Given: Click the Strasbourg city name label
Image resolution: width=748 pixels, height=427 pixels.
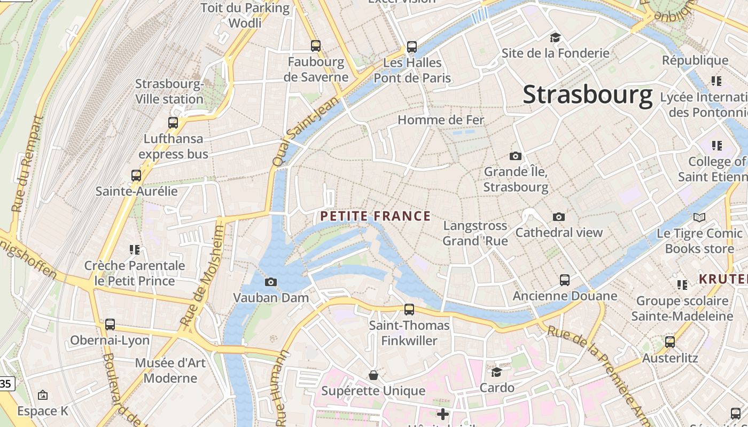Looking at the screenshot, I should tap(587, 94).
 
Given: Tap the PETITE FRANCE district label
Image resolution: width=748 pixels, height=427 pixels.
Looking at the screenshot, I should tap(375, 216).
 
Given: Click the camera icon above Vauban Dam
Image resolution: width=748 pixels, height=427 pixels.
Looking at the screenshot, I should tap(271, 282).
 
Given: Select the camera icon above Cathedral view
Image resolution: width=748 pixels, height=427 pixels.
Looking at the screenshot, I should tap(559, 217).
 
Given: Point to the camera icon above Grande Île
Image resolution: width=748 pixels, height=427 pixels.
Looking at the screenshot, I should tap(516, 156).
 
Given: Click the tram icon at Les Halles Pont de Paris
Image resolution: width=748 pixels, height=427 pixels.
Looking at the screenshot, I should tap(412, 46).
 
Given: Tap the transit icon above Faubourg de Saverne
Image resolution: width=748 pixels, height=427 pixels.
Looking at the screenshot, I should tap(316, 46).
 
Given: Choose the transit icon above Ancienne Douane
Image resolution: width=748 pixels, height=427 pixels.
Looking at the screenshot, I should tap(565, 280).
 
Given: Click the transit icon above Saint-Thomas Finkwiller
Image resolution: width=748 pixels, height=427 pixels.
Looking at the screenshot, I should tap(409, 309).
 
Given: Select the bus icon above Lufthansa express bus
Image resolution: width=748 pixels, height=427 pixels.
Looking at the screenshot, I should tap(173, 122).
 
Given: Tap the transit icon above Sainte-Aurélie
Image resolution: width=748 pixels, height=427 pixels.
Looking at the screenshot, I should tap(136, 175).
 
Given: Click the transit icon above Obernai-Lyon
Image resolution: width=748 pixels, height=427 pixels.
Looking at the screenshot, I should tap(110, 324).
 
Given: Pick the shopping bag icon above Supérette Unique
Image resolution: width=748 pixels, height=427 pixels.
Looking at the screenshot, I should tap(373, 375).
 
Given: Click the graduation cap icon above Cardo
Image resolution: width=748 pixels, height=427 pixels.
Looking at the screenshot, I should tap(497, 372).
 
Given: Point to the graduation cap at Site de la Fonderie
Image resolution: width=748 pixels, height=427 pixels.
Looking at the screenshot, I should tap(556, 37).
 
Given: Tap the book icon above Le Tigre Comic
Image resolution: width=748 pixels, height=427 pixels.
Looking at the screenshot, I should tap(699, 217).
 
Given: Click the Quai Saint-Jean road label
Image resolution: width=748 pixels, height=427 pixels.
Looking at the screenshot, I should tap(306, 131).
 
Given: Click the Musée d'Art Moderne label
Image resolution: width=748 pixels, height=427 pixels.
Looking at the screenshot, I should tap(170, 370).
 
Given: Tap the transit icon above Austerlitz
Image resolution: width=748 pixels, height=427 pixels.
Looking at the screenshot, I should tap(670, 342).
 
